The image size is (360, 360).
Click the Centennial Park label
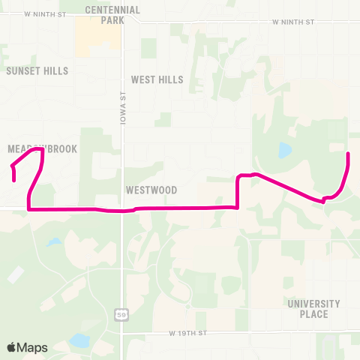(112, 15)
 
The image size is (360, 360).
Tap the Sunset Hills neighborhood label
(37, 70)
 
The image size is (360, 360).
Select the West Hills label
(157, 79)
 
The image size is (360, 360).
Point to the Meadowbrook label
(43, 149)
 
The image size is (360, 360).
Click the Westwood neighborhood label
(151, 190)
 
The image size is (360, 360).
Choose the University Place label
(313, 309)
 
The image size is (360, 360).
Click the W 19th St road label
(187, 331)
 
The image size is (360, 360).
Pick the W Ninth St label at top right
(293, 22)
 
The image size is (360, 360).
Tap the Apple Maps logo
(27, 347)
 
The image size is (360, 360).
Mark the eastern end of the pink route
(348, 154)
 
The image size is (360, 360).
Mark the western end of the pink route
(14, 180)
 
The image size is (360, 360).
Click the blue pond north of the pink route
(284, 151)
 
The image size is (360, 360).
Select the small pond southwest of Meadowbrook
(53, 243)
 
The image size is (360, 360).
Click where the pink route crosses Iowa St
(121, 210)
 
